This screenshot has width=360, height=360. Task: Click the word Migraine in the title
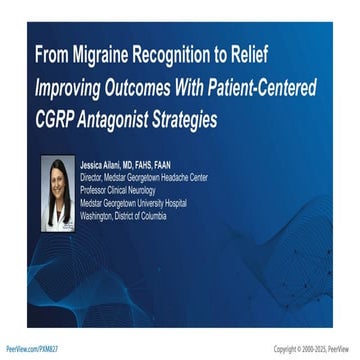pos(118,53)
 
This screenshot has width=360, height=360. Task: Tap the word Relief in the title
pos(270,53)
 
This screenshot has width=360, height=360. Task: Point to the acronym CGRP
pos(56,120)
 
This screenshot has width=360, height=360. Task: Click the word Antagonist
pos(122,120)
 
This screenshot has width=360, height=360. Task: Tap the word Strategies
pos(203,120)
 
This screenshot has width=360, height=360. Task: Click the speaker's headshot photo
pos(58,186)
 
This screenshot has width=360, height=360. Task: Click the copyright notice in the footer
pos(313,348)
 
